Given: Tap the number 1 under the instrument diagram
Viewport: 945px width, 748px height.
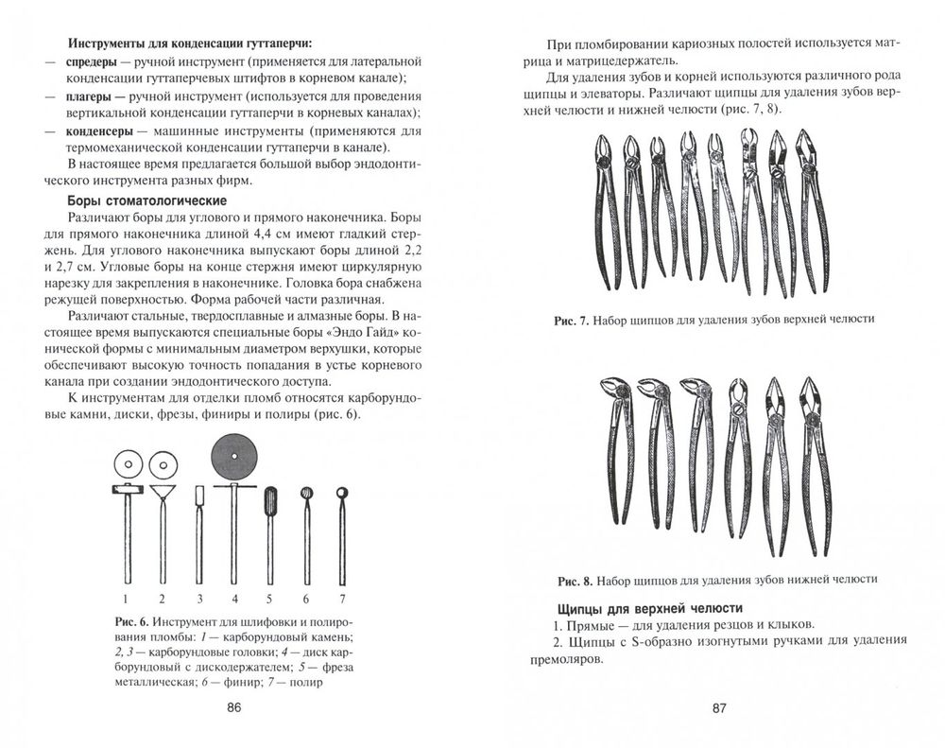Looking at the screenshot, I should [x=124, y=598].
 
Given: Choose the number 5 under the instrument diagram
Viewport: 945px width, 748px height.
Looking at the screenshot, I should [x=269, y=598].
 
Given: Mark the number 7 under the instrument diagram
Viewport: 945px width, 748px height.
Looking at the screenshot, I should [x=344, y=598].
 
